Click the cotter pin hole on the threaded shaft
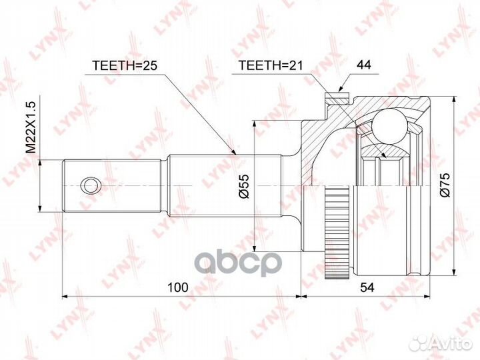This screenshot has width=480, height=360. pyautogui.click(x=89, y=185)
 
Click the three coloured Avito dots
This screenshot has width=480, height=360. pyautogui.click(x=419, y=343)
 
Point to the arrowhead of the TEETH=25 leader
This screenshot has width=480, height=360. pyautogui.click(x=235, y=155)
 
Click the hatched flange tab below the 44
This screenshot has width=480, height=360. pyautogui.click(x=339, y=100)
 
